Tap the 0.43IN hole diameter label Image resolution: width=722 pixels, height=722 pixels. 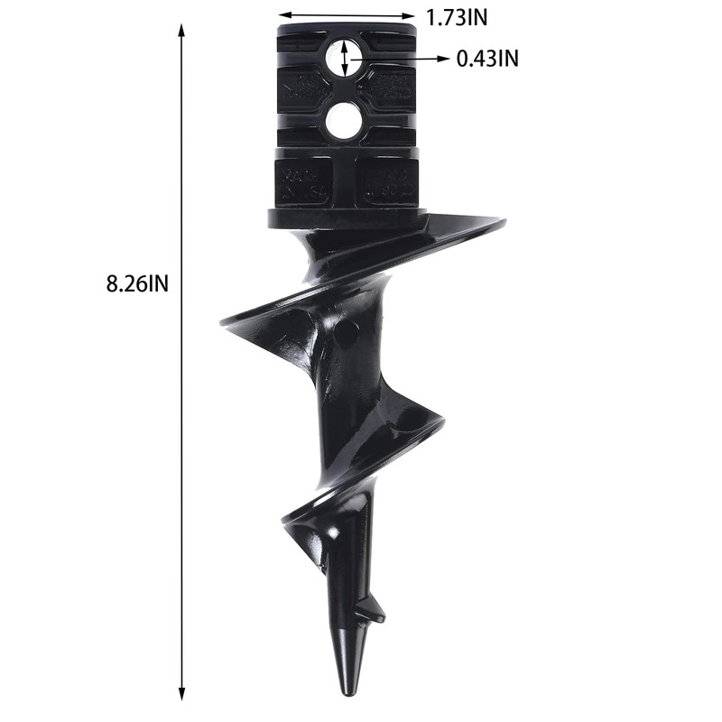488,60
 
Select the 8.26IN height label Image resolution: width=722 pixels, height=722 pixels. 138,282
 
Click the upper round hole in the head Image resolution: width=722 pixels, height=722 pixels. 343,58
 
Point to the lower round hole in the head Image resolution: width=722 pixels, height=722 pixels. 343,121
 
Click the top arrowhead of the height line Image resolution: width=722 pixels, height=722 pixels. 182,30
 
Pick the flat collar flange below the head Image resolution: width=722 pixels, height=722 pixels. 345,218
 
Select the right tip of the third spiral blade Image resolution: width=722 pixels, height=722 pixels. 442,421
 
